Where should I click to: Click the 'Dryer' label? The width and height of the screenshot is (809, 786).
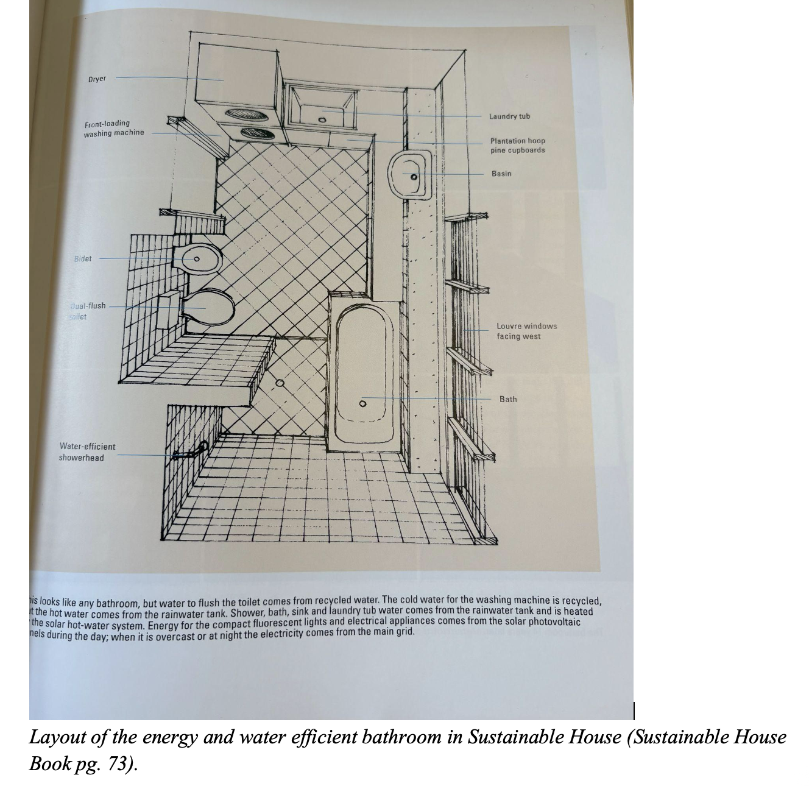(97, 79)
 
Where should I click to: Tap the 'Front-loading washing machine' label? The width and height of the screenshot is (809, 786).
(114, 128)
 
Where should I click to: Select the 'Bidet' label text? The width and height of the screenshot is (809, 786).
(83, 258)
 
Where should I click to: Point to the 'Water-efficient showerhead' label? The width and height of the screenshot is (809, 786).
(87, 452)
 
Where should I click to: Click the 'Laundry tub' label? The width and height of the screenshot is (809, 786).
(509, 116)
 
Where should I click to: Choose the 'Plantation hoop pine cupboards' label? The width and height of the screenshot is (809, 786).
(518, 146)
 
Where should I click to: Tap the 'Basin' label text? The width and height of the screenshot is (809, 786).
(501, 174)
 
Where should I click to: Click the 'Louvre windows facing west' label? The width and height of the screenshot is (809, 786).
(526, 331)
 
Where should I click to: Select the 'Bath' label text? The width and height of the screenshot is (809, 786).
(508, 399)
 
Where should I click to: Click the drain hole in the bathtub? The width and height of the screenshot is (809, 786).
(362, 403)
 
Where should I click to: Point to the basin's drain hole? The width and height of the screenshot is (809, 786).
(414, 177)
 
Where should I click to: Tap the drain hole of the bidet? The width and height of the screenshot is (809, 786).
(196, 259)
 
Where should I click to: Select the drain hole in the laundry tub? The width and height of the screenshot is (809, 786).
(322, 119)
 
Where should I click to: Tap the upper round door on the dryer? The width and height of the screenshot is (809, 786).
(239, 113)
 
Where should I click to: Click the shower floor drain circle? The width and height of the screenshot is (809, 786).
(280, 383)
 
